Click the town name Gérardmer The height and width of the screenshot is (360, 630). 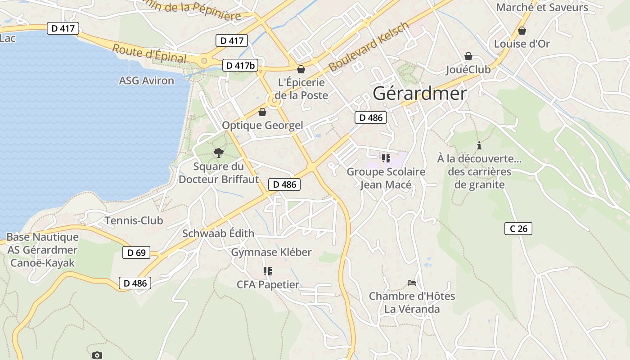(x=419, y=94)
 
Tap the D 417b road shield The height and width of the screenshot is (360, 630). (x=240, y=65)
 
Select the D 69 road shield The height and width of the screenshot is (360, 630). (x=136, y=252)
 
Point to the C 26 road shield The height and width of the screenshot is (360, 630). (x=518, y=229)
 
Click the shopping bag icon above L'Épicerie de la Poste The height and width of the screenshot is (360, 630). (x=301, y=69)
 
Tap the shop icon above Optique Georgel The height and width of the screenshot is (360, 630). (x=262, y=112)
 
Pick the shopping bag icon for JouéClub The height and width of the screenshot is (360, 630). (x=468, y=56)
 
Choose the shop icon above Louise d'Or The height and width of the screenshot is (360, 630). (x=522, y=31)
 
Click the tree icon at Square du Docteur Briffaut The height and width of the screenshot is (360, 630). (x=219, y=153)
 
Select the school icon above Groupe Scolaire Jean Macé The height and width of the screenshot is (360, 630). (x=386, y=158)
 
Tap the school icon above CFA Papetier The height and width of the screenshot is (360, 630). (x=268, y=271)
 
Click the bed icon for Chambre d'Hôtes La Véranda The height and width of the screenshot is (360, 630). (x=411, y=283)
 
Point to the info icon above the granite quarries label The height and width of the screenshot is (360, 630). (x=479, y=145)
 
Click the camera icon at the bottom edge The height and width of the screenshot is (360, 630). (x=97, y=355)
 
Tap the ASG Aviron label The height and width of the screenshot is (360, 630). (x=146, y=81)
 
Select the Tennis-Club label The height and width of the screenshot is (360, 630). (x=134, y=220)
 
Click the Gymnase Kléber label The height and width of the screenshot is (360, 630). (x=271, y=252)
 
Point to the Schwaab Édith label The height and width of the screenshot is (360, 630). (x=218, y=234)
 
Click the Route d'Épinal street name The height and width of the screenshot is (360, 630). (x=149, y=54)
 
